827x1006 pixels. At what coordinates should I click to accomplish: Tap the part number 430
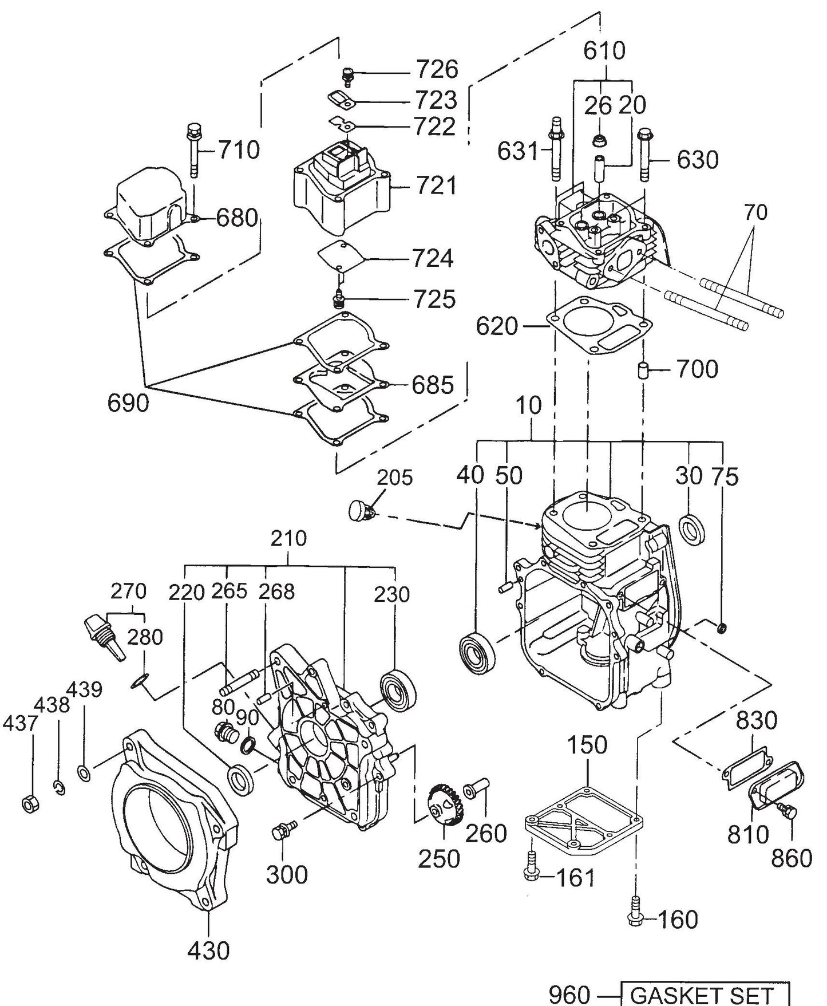tap(208, 951)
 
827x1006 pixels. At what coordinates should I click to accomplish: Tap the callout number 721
tap(436, 186)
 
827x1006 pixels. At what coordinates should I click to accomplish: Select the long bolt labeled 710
tap(193, 150)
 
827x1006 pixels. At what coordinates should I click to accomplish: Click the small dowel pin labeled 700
tap(644, 369)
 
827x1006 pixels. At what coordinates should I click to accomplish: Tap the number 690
tap(128, 404)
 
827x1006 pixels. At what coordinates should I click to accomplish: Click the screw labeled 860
tap(789, 812)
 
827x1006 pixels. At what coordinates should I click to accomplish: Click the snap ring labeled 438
tap(59, 788)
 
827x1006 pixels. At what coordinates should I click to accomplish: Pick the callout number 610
tap(604, 51)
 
